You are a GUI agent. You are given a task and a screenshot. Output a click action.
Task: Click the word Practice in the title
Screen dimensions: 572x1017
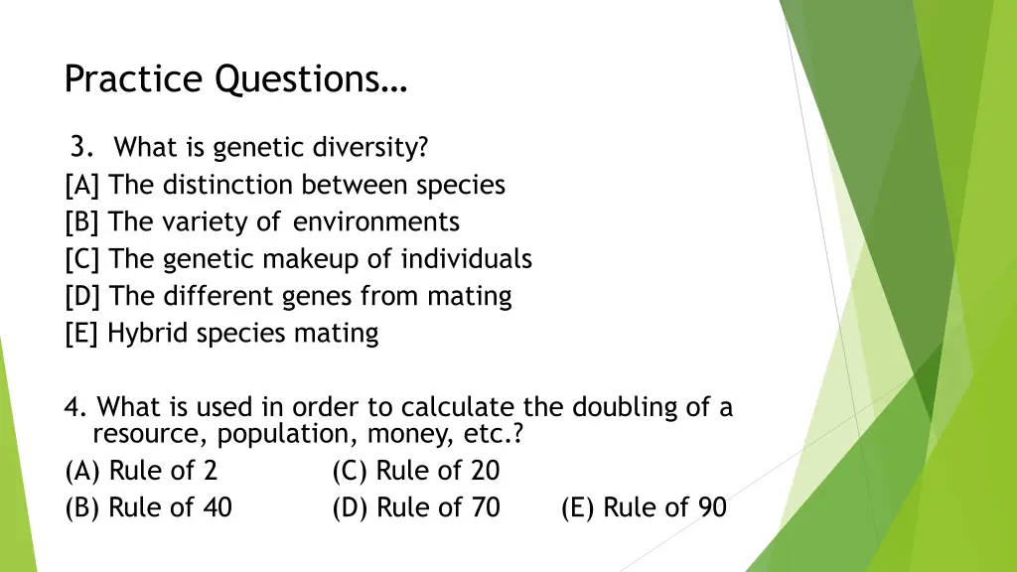pyautogui.click(x=135, y=78)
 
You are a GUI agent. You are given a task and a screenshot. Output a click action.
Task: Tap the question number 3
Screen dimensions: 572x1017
pyautogui.click(x=82, y=148)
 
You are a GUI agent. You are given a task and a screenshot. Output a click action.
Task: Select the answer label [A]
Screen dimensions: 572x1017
pyautogui.click(x=82, y=185)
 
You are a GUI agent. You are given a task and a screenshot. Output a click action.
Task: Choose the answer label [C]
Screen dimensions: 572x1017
pyautogui.click(x=82, y=259)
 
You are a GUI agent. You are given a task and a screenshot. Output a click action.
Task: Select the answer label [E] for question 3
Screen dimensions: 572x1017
pyautogui.click(x=82, y=334)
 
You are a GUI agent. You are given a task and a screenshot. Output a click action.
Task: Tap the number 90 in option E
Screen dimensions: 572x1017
pyautogui.click(x=711, y=507)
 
